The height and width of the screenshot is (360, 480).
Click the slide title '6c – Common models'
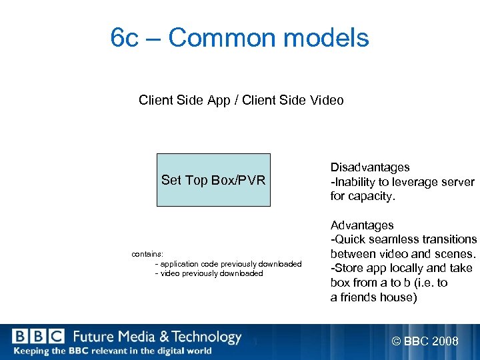pyautogui.click(x=240, y=38)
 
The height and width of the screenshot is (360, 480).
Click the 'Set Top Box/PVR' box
pyautogui.click(x=213, y=180)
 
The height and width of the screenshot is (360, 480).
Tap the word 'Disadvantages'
pyautogui.click(x=370, y=167)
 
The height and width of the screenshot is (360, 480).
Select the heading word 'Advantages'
pyautogui.click(x=362, y=225)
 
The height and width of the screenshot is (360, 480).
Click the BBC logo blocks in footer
pyautogui.click(x=38, y=337)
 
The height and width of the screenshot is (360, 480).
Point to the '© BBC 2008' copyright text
pyautogui.click(x=425, y=342)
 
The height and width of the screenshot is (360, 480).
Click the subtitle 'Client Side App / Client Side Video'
pyautogui.click(x=241, y=101)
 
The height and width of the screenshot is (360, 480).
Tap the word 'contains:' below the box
pyautogui.click(x=147, y=254)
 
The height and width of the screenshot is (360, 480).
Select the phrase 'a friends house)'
pyautogui.click(x=373, y=298)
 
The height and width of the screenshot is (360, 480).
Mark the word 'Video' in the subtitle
pyautogui.click(x=327, y=101)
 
